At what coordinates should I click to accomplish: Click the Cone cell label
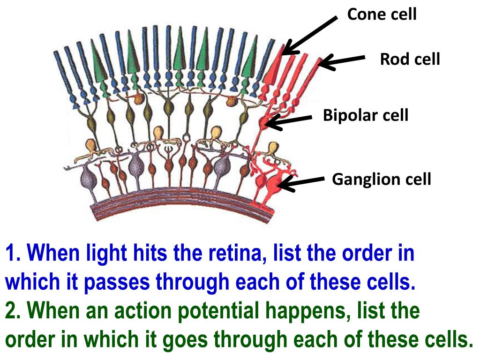382,15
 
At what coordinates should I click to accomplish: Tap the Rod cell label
410,60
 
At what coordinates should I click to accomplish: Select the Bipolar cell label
366,115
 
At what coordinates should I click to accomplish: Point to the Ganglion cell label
381,179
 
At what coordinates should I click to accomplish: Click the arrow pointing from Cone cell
310,35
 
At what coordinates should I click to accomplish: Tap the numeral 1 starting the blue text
11,254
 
